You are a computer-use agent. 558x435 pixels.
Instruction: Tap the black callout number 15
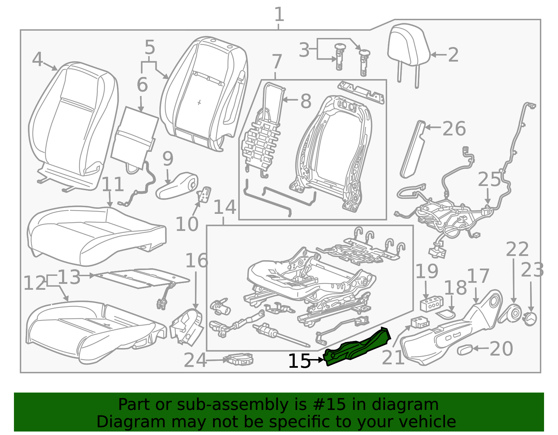coord(300,361)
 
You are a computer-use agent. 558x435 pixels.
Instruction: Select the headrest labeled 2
coord(409,54)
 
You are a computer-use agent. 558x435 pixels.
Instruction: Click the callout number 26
coord(454,129)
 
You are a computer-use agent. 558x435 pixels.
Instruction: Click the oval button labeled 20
coord(465,350)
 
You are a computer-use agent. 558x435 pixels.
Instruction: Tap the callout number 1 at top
coord(279,14)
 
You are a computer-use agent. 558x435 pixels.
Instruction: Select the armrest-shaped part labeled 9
coord(177,186)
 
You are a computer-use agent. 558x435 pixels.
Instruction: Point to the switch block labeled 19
coord(431,304)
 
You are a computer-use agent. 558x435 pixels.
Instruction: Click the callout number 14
coord(225,207)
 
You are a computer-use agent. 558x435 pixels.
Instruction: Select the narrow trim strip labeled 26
coord(413,149)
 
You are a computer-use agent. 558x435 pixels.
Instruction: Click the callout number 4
coord(37,60)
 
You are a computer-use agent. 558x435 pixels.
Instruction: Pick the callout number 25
coord(489,179)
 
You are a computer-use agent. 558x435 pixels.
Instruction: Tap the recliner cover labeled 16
coord(187,326)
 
